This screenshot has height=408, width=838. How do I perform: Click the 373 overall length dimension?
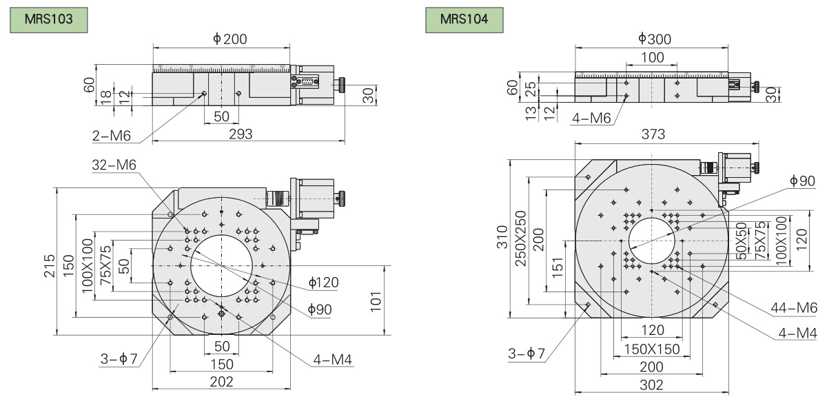[x=653, y=136]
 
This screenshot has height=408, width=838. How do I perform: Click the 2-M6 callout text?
[x=112, y=136]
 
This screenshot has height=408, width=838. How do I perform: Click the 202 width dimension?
[x=221, y=381]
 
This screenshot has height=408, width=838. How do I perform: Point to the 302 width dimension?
[x=651, y=385]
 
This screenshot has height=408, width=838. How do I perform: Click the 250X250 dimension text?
[x=522, y=238]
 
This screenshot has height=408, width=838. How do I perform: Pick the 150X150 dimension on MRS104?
[x=651, y=349]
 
